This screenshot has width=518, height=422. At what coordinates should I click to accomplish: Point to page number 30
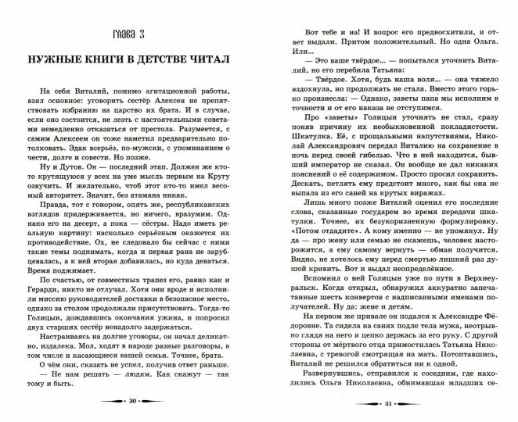132,401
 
